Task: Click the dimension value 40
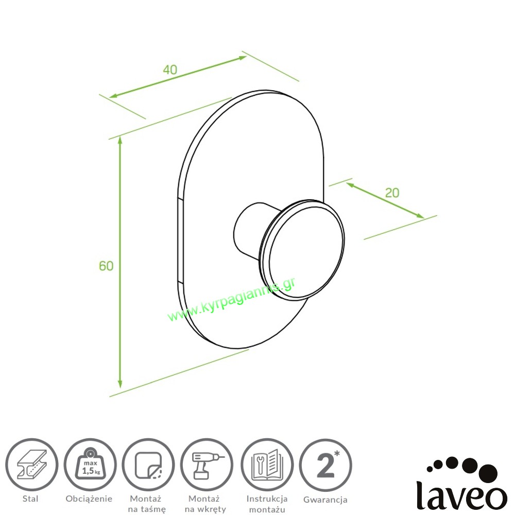click(170, 70)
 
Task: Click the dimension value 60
click(106, 266)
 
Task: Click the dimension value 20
click(392, 193)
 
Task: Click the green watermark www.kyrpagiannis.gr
click(232, 300)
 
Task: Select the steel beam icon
click(32, 465)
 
